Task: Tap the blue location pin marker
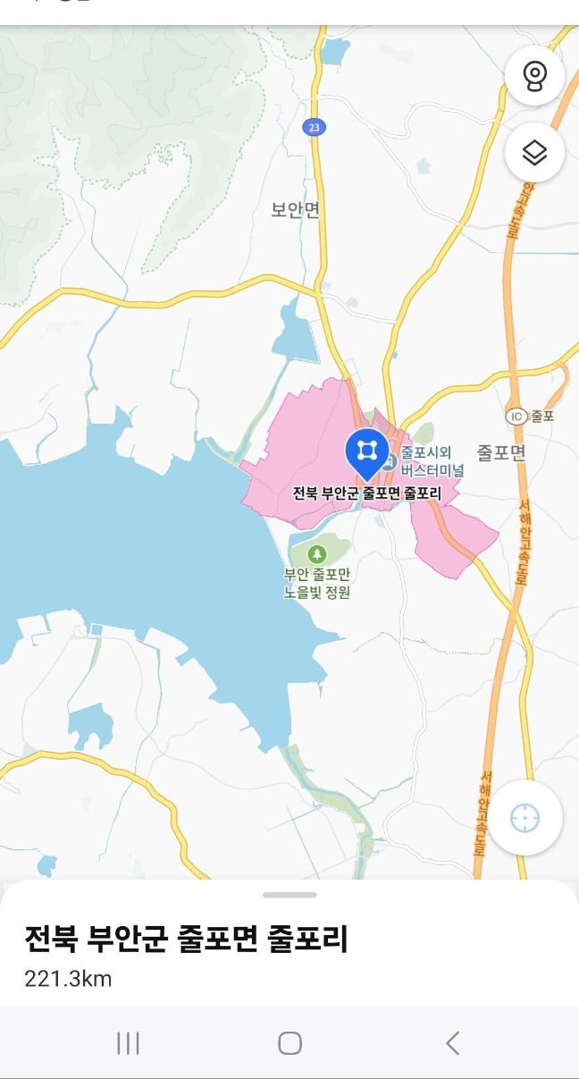[366, 451]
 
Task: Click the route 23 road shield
[312, 128]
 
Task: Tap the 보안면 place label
[296, 210]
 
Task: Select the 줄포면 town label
[501, 452]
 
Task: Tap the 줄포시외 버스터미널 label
[432, 461]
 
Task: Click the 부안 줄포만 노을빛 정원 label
[317, 583]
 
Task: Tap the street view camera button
[534, 75]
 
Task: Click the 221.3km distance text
[68, 979]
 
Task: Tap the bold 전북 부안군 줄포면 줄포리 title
[186, 940]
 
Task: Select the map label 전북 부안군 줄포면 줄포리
[367, 493]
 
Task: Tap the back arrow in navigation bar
[452, 1043]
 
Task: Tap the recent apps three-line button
[129, 1043]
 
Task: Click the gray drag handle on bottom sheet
[289, 894]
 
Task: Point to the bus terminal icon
[390, 462]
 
